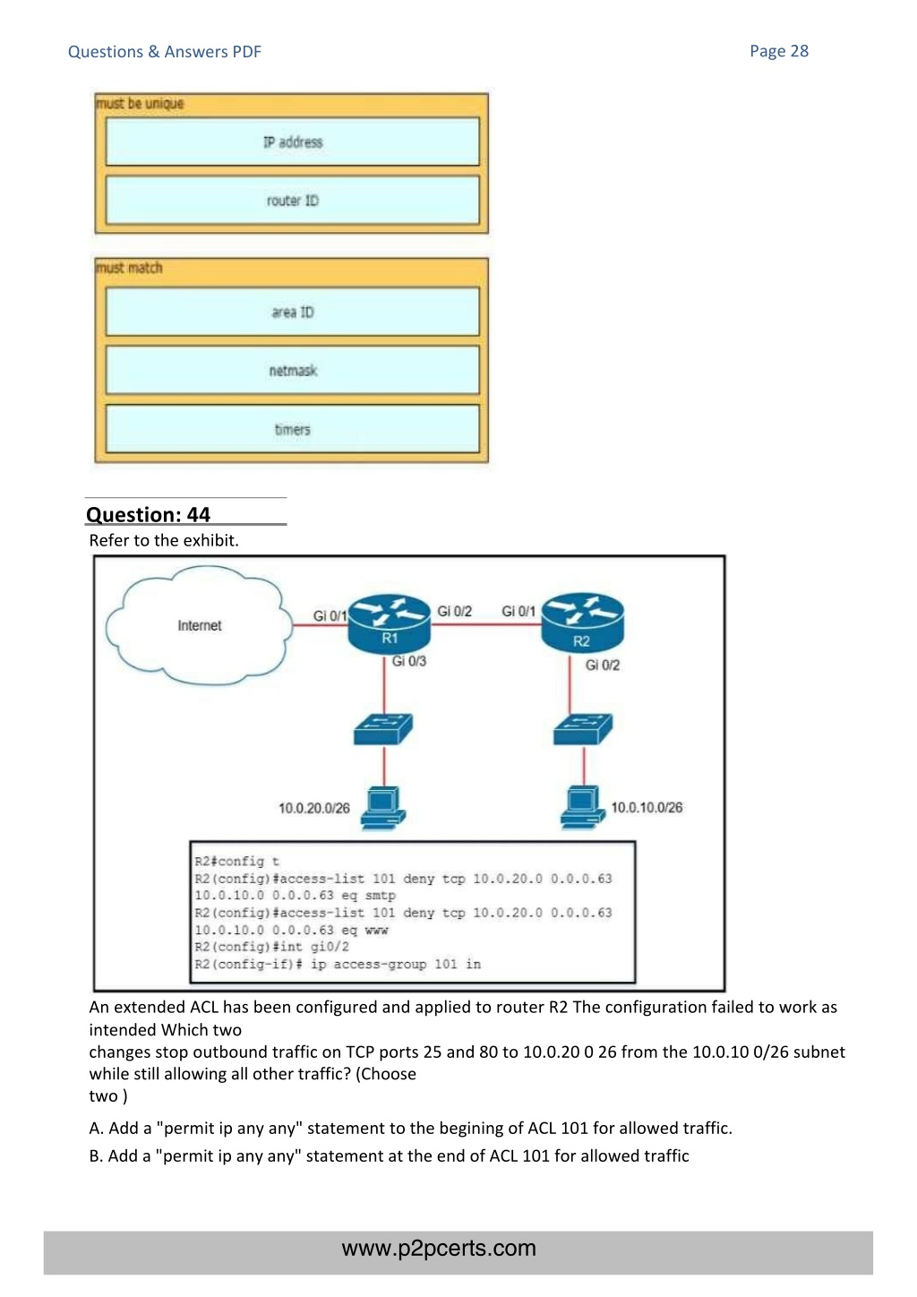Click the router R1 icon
(x=389, y=625)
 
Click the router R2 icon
(x=582, y=623)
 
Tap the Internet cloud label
(x=199, y=625)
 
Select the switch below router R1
(x=383, y=729)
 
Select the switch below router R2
(x=583, y=729)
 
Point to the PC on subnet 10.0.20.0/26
(x=383, y=808)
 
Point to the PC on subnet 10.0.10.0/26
(x=582, y=807)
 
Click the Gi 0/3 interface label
(x=408, y=661)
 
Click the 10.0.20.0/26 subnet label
(x=314, y=808)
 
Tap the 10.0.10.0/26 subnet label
(x=647, y=807)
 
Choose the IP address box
(x=293, y=142)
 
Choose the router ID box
(x=293, y=201)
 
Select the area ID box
(x=293, y=312)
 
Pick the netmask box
(x=293, y=370)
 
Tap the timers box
(x=293, y=429)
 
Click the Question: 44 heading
(x=148, y=514)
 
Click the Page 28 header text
(x=778, y=51)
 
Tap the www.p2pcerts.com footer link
(x=439, y=1248)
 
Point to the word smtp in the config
(x=380, y=895)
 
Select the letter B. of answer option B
(x=96, y=1155)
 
